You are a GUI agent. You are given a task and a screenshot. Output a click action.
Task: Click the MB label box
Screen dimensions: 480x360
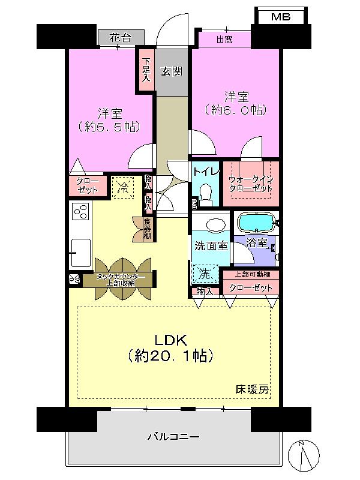(280, 17)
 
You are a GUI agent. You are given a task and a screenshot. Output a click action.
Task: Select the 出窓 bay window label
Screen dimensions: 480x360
(224, 39)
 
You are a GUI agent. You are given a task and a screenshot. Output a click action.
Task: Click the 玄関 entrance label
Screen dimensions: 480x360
(172, 71)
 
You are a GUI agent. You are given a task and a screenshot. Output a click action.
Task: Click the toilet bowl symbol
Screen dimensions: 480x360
(206, 193)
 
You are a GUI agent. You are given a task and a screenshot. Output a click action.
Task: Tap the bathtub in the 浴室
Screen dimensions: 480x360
(256, 223)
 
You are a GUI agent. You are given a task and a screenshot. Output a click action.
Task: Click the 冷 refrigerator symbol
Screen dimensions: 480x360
(123, 187)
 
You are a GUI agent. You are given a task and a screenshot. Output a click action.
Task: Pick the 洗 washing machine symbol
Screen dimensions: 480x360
(203, 274)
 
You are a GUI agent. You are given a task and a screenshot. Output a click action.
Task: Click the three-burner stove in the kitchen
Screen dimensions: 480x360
(80, 212)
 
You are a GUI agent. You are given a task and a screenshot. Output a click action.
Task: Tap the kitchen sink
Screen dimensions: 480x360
(80, 253)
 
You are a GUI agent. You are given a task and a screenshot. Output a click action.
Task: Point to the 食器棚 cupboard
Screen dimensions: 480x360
(147, 227)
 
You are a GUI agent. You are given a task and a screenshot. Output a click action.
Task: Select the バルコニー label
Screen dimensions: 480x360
(173, 437)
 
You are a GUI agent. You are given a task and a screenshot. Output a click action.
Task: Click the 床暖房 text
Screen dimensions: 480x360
(251, 389)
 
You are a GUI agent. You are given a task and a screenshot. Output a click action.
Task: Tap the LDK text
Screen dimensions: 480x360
(174, 338)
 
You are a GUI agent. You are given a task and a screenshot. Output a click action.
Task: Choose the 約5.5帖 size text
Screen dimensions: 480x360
(109, 127)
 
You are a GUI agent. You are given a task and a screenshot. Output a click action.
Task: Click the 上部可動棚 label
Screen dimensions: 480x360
(250, 274)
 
